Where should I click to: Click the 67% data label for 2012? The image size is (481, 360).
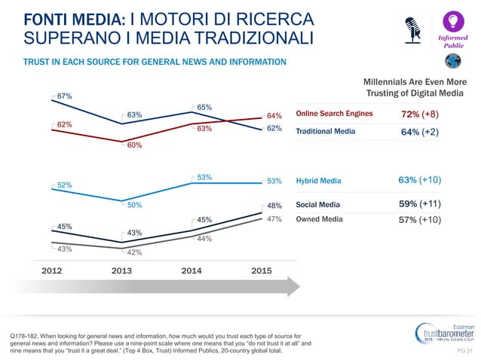coord(63,96)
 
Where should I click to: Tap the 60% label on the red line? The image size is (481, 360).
coord(135,145)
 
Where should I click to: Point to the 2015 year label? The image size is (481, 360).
coord(262,271)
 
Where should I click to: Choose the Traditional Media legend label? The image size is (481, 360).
coord(325,131)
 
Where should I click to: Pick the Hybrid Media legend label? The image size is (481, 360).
coord(318,181)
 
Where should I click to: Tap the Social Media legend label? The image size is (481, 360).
coord(317,204)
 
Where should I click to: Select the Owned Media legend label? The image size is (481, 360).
coord(319,219)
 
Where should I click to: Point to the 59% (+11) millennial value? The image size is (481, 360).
coord(420,203)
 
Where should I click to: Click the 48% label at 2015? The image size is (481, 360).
coord(274,205)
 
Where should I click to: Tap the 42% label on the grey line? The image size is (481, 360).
coord(135,252)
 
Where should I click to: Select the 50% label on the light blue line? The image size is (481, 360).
coord(135,204)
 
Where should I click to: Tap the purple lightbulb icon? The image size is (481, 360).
coord(453,20)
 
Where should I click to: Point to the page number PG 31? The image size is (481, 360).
coord(464,350)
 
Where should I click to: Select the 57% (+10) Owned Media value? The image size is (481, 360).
coord(419,220)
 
